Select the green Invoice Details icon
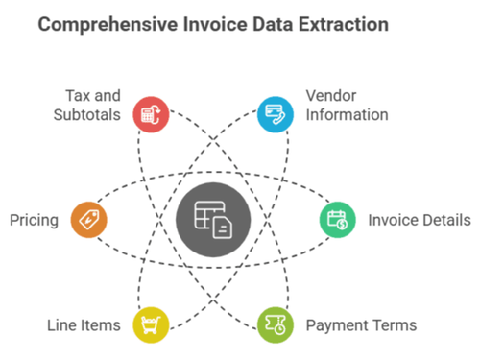pyautogui.click(x=337, y=220)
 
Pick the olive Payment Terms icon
pyautogui.click(x=275, y=324)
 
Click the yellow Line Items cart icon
pyautogui.click(x=151, y=324)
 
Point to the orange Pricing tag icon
pyautogui.click(x=88, y=220)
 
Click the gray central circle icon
pyautogui.click(x=213, y=220)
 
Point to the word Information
pyautogui.click(x=347, y=115)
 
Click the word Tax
pyautogui.click(x=81, y=96)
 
